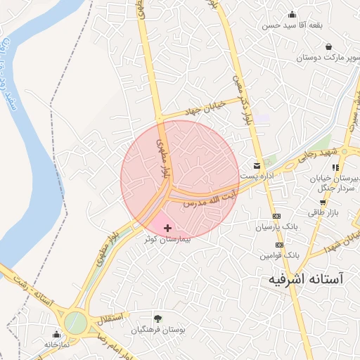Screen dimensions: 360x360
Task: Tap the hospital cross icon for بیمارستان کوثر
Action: pyautogui.click(x=167, y=228)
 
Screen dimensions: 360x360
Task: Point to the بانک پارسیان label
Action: pyautogui.click(x=277, y=227)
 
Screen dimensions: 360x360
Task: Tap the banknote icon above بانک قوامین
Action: pyautogui.click(x=279, y=245)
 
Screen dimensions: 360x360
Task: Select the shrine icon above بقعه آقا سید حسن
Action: pyautogui.click(x=292, y=14)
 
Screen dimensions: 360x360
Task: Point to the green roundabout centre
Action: pyautogui.click(x=76, y=323)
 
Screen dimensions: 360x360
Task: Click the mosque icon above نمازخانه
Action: pyautogui.click(x=56, y=334)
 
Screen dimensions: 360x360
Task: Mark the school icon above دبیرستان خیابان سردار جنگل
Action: pyautogui.click(x=335, y=168)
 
